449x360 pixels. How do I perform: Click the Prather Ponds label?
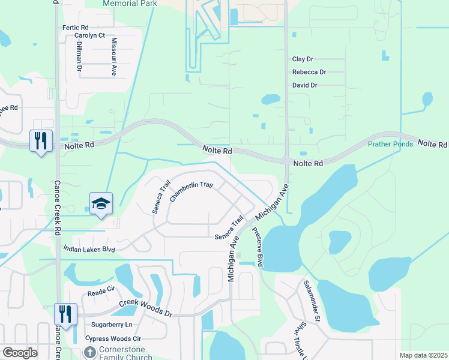point(390,145)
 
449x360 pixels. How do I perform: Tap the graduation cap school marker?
point(101,203)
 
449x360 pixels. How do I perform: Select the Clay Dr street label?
point(303,59)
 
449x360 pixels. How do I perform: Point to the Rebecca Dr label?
point(309,72)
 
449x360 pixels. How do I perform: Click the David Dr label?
point(304,85)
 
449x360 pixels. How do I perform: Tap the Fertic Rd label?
point(75,28)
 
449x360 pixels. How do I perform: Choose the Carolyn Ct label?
point(89,36)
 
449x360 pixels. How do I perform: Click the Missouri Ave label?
point(114,56)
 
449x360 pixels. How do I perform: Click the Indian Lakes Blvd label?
point(89,248)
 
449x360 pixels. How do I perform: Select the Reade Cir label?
point(101,293)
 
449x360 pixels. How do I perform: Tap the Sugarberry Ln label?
point(112,325)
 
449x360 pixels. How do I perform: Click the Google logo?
point(20,353)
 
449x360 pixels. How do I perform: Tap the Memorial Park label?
point(130,4)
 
